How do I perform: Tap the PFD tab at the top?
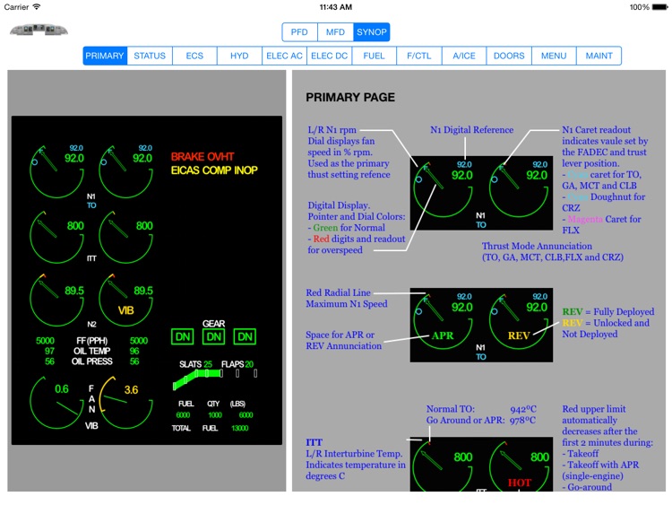[299, 32]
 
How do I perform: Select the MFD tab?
[335, 32]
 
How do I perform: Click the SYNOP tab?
[371, 32]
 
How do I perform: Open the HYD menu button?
[239, 56]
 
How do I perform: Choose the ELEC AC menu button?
[284, 56]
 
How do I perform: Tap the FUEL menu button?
[374, 56]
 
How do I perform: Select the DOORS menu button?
[509, 56]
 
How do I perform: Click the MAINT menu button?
[599, 56]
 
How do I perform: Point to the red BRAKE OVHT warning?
[202, 157]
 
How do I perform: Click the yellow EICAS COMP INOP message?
[215, 170]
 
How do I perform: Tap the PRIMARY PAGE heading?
[350, 97]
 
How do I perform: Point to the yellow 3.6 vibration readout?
[131, 390]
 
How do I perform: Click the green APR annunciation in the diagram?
[443, 335]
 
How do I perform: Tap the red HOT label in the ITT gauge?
[520, 483]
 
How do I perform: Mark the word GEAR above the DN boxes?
[213, 324]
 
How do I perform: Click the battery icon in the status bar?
[663, 7]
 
